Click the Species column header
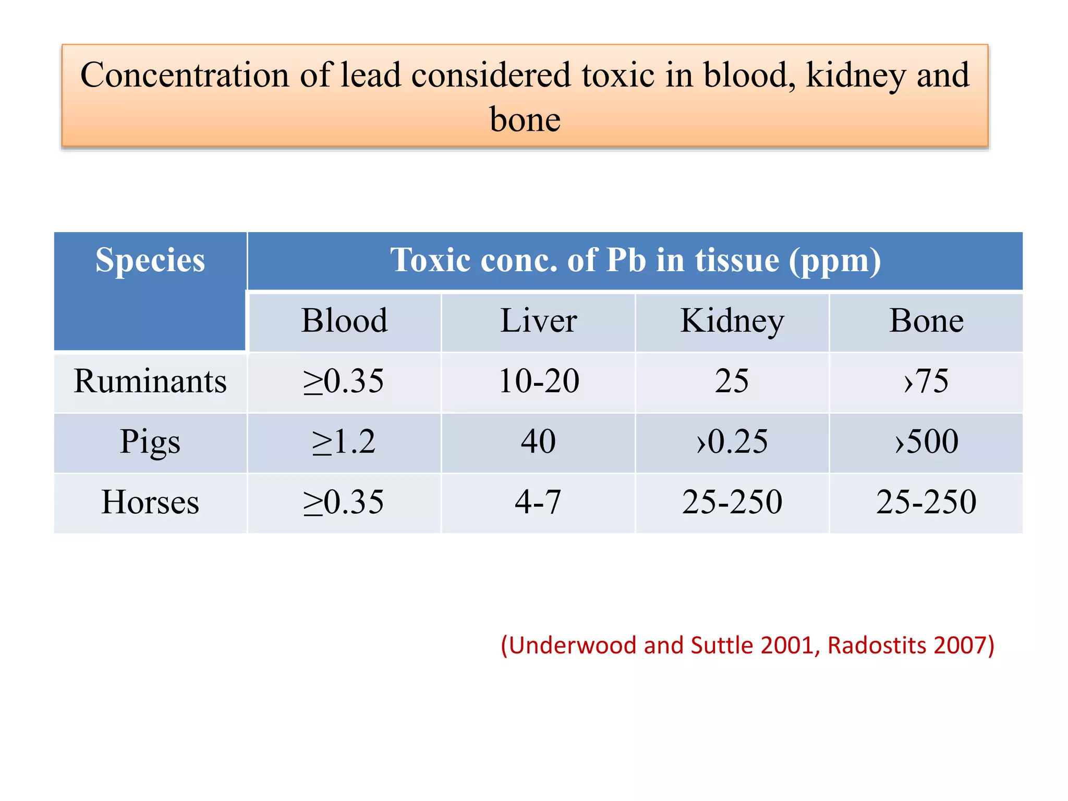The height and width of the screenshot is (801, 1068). pos(150,260)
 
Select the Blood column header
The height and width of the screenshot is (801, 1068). pos(344,321)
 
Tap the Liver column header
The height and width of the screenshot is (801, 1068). pos(538,321)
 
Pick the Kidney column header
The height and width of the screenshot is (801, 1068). pos(732,321)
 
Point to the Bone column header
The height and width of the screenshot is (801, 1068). pos(926,321)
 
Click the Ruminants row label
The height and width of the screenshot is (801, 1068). pos(150,381)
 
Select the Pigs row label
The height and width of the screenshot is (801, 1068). pos(150,442)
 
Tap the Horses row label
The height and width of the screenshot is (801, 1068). pos(150,502)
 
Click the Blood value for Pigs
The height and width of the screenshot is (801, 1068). pos(344,442)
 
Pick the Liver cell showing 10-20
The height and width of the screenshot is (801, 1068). pos(538,381)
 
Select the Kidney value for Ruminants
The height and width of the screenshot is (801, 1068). pos(732,381)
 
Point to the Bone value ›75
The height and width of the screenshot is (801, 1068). pos(926,381)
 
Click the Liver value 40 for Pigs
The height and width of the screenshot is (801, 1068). pos(538,442)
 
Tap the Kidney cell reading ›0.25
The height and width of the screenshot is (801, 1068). pos(732,442)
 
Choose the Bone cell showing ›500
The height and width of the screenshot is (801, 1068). pos(926,442)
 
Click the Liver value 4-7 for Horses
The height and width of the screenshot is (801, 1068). pos(538,502)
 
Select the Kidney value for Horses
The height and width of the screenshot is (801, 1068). pos(732,502)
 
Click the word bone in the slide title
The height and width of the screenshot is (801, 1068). pos(525,120)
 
